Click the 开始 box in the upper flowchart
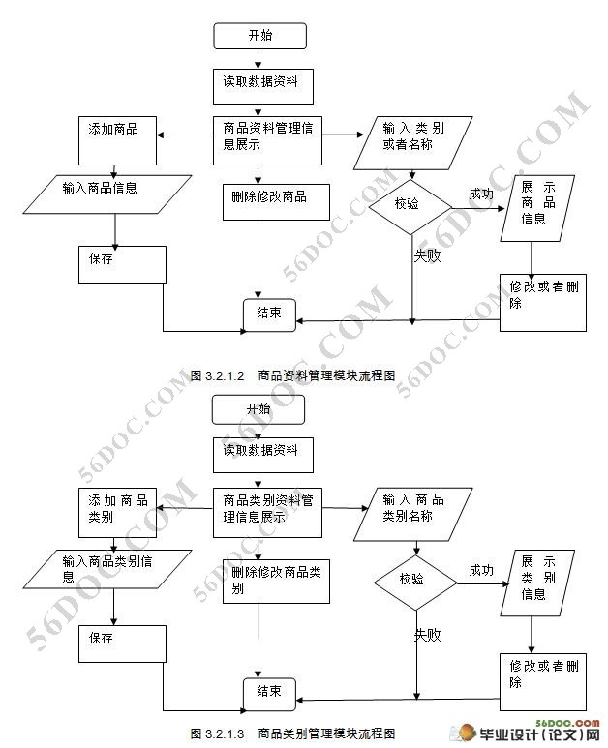point(260,36)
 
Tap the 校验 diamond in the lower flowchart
point(415,582)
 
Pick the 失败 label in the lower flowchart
point(427,636)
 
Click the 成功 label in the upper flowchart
point(480,194)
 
